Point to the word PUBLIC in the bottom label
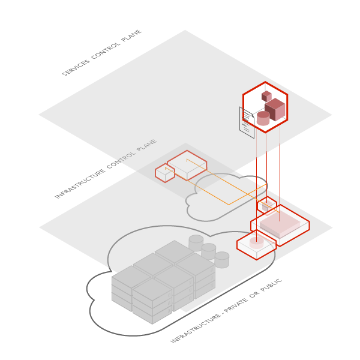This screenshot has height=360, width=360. click(x=271, y=286)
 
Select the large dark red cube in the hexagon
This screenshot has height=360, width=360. click(x=275, y=110)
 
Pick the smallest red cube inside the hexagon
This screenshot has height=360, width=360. click(x=266, y=96)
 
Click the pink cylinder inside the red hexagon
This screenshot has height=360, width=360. click(x=263, y=118)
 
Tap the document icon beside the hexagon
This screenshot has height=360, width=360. click(x=246, y=124)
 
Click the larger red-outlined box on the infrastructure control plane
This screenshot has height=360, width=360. click(x=187, y=164)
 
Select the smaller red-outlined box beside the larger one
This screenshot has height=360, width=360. click(x=165, y=173)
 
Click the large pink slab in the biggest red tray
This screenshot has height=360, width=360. click(x=280, y=224)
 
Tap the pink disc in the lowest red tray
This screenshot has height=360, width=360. click(x=256, y=243)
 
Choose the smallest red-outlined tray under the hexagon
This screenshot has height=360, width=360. click(x=267, y=205)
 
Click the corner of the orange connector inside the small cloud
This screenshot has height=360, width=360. click(x=229, y=205)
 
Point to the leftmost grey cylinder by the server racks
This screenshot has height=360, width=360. click(x=196, y=242)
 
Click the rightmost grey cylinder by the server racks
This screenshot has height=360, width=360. click(x=222, y=259)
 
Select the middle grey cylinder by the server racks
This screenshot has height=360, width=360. click(x=209, y=251)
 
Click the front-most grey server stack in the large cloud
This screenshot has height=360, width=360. click(x=152, y=302)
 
